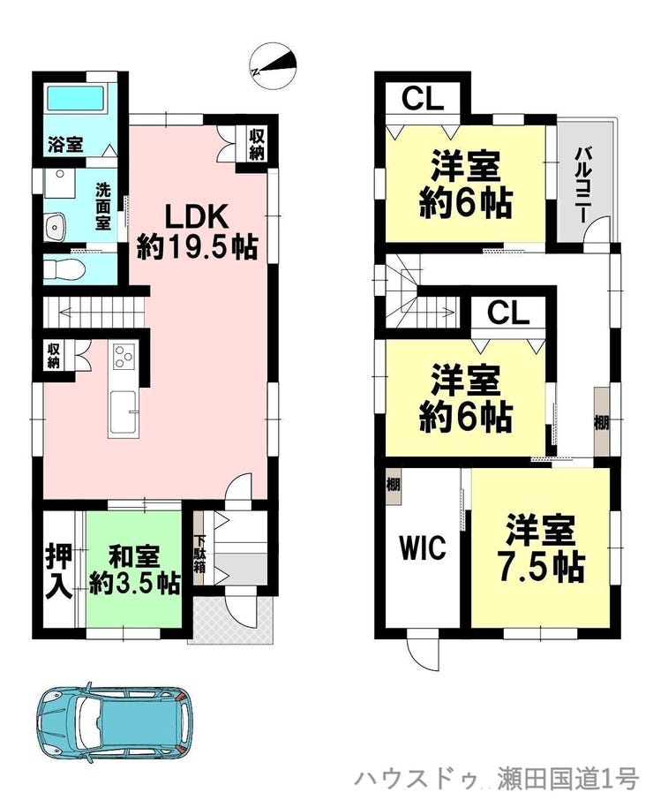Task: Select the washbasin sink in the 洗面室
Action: (55, 227)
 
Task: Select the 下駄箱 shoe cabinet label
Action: (199, 552)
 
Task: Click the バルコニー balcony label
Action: (583, 180)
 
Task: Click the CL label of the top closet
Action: (422, 99)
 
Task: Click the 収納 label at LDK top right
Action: (257, 144)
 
